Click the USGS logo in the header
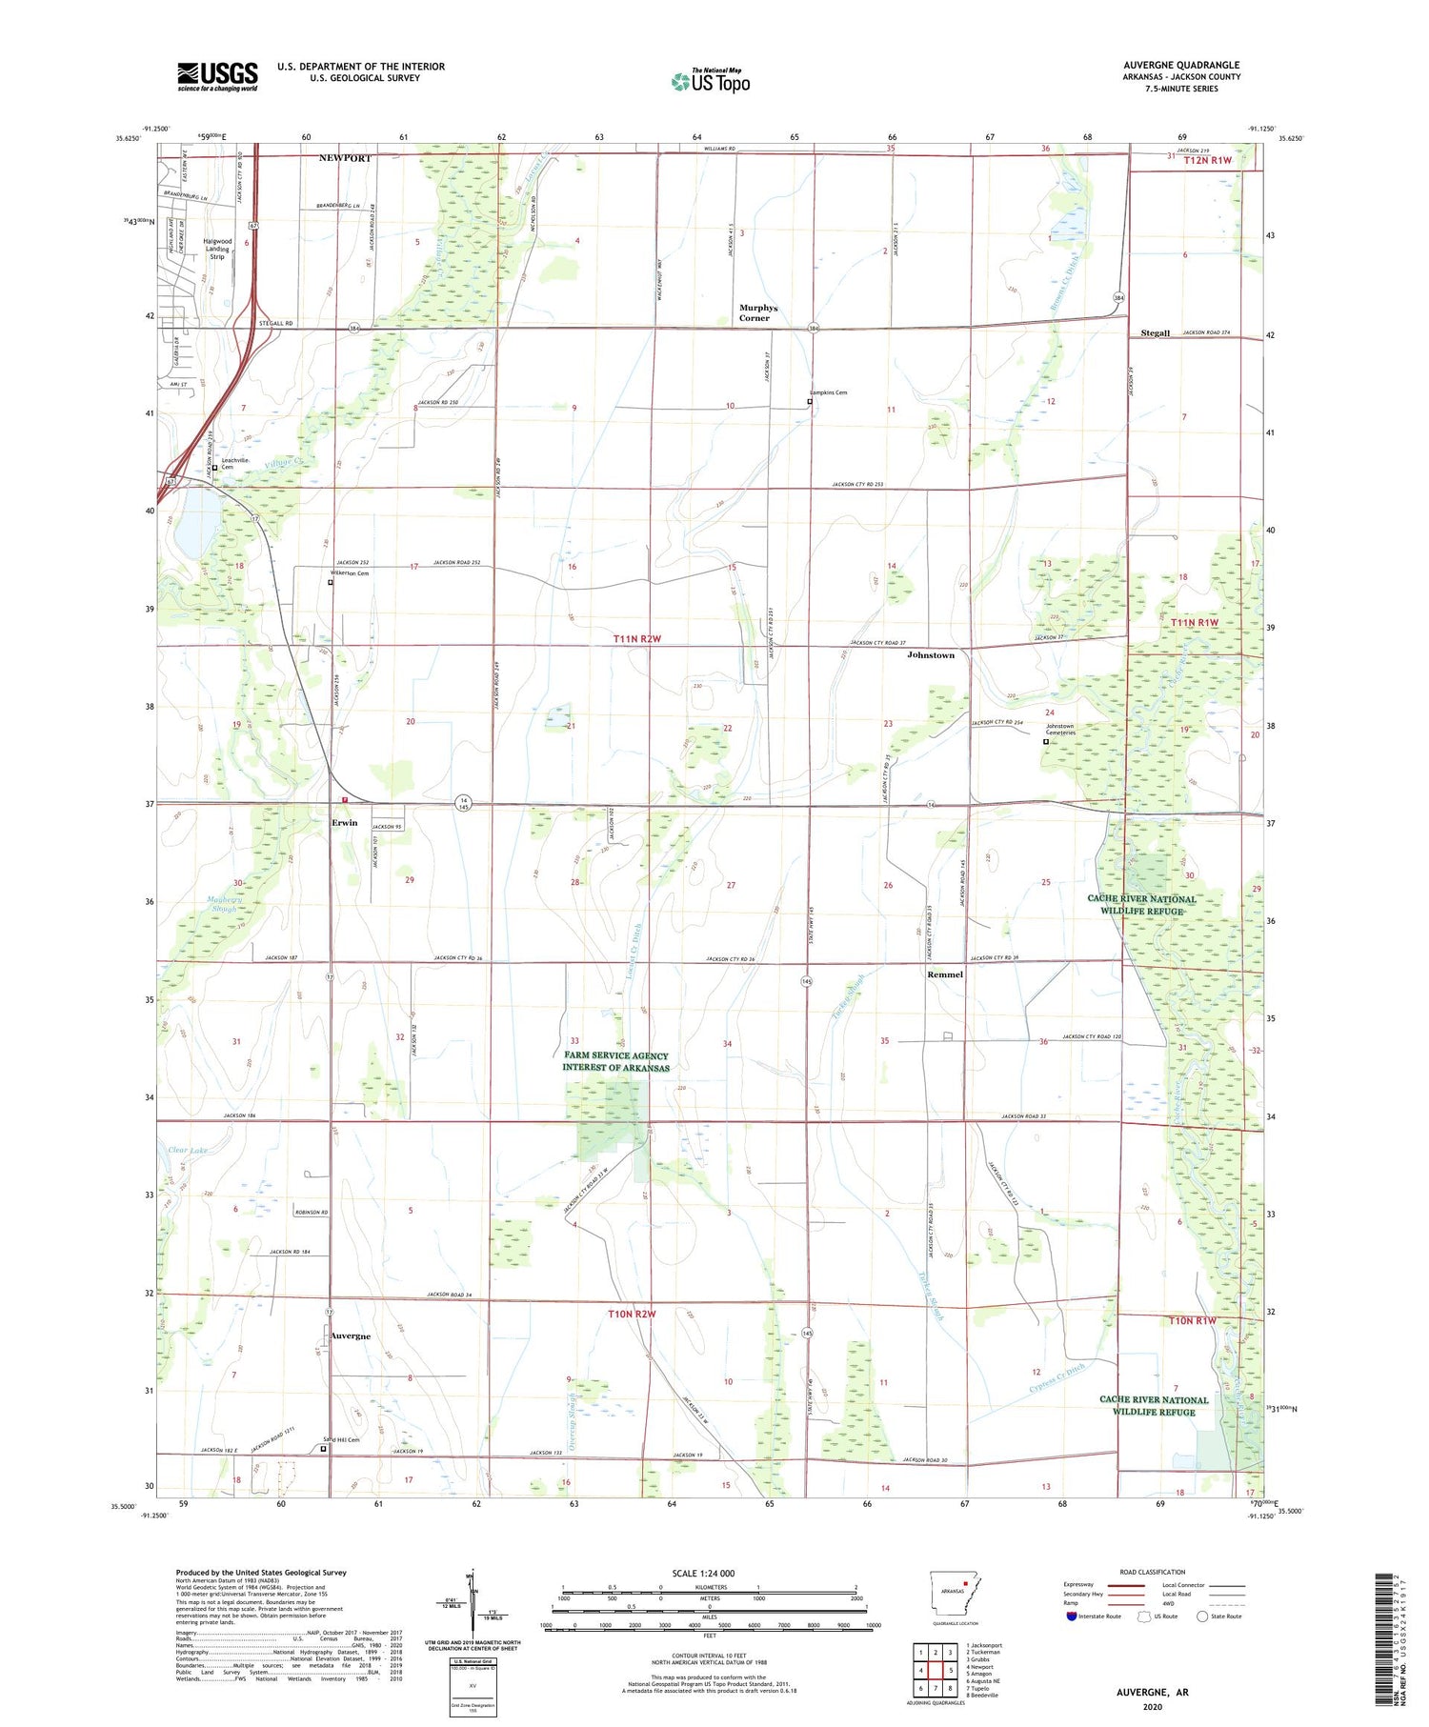point(216,76)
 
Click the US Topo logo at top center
point(710,82)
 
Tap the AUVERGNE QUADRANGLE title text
point(1180,66)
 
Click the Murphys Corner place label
point(758,312)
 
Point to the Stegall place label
point(1155,333)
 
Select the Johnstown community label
point(930,655)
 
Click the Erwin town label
point(344,823)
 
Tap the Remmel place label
point(945,974)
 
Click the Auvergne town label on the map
point(350,1336)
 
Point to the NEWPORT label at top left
point(345,157)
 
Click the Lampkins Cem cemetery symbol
point(810,402)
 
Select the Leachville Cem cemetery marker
point(215,468)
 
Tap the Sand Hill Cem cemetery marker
point(323,1449)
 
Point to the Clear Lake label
point(187,1151)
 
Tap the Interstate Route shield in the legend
point(1071,1617)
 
